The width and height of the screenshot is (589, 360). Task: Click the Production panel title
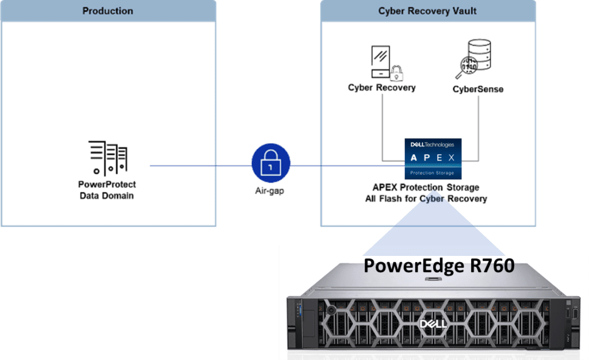[108, 11]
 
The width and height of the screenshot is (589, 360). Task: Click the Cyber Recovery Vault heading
[427, 11]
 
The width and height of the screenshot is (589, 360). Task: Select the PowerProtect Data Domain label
[108, 189]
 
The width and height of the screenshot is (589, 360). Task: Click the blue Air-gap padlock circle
[271, 166]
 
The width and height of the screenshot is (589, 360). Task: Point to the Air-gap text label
[270, 191]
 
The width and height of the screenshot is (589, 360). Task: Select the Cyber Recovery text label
[382, 88]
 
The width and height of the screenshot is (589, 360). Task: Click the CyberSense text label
[478, 89]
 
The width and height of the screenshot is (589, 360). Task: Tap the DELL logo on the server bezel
[433, 325]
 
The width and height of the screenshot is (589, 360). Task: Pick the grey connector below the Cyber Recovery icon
[382, 127]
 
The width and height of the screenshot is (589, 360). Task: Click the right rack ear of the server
[573, 322]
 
